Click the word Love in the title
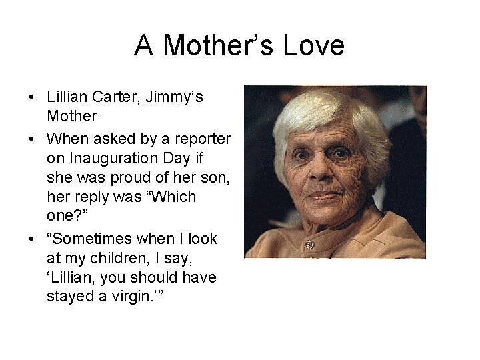click(x=314, y=45)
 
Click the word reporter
click(x=199, y=138)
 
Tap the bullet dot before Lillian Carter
click(x=31, y=97)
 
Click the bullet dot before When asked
click(x=31, y=139)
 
